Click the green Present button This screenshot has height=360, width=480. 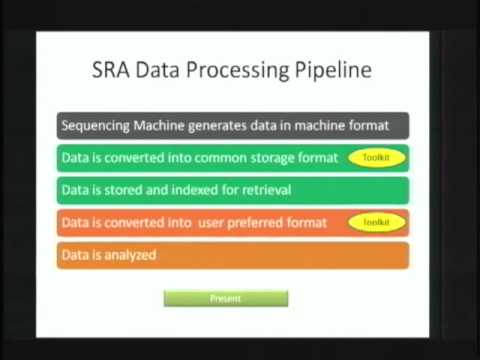pos(225,298)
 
